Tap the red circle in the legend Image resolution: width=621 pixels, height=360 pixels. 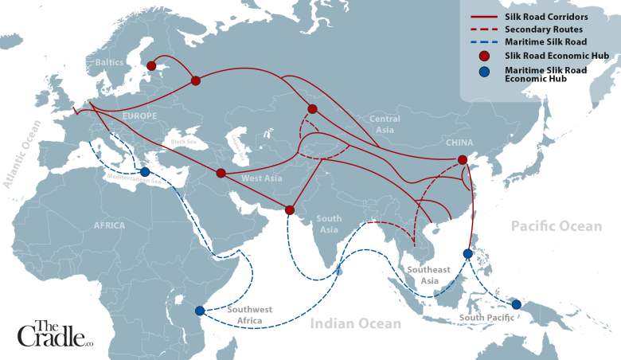(x=485, y=55)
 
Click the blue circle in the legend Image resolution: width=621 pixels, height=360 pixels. (x=485, y=73)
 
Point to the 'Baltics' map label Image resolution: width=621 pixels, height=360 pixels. (x=109, y=61)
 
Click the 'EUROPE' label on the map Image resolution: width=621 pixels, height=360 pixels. (x=139, y=115)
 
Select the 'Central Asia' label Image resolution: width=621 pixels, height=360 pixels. (x=384, y=123)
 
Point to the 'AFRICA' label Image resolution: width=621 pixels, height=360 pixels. (x=109, y=225)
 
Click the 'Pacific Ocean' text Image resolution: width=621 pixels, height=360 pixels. (x=557, y=226)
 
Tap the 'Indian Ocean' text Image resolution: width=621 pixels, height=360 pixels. (x=355, y=323)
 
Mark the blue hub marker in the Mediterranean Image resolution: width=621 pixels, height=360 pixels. (x=145, y=172)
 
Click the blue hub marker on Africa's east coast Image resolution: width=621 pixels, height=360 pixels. (x=199, y=311)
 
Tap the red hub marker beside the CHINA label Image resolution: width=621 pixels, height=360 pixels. (x=462, y=160)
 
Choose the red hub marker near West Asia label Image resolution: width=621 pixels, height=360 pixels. (x=221, y=173)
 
